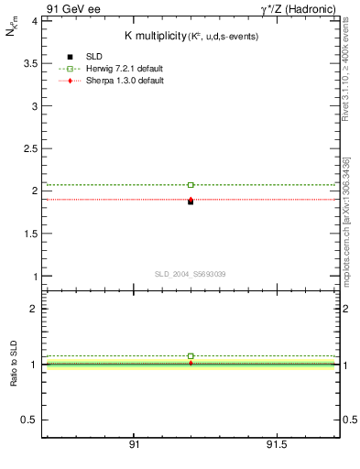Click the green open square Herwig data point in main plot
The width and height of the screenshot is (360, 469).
point(191,185)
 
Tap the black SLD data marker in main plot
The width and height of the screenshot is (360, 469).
point(191,202)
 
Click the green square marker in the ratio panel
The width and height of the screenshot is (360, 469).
point(191,355)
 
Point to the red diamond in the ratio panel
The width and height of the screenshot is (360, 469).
point(191,363)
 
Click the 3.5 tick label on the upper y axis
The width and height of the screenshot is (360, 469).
point(29,63)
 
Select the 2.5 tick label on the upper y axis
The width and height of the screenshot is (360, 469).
point(29,148)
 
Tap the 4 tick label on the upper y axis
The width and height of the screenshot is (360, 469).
point(34,20)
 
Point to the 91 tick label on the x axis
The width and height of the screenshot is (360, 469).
point(134,445)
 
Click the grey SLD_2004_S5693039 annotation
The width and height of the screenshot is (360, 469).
point(191,274)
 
